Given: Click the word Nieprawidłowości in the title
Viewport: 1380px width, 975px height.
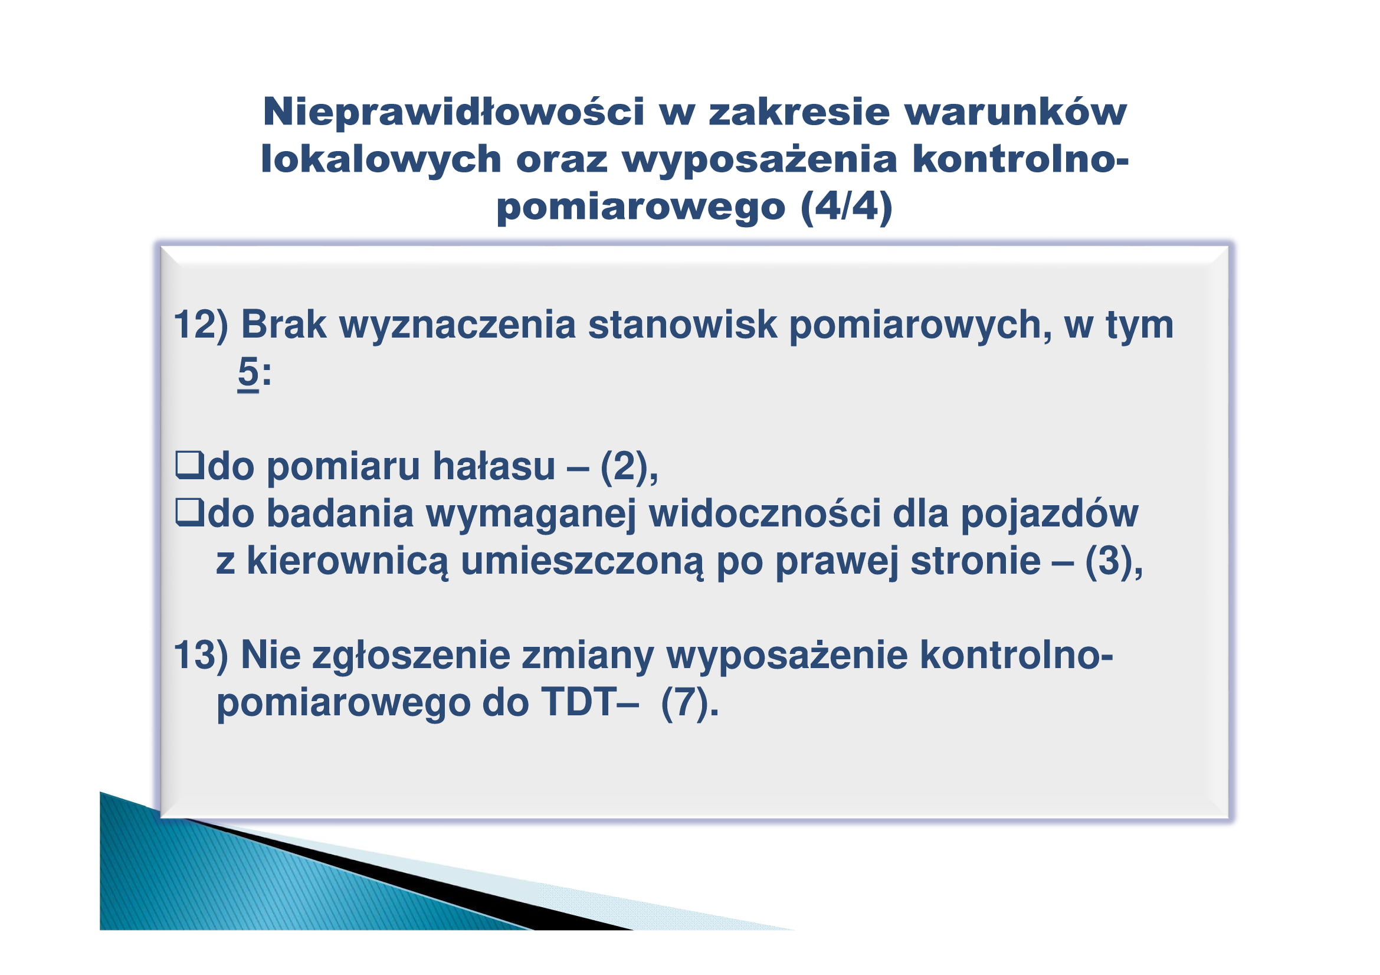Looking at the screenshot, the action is click(x=454, y=112).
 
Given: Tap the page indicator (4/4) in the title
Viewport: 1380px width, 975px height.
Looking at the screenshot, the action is click(x=847, y=207).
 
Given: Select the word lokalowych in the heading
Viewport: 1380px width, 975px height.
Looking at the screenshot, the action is click(x=381, y=159).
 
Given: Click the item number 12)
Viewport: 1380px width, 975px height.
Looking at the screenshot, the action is click(x=201, y=325).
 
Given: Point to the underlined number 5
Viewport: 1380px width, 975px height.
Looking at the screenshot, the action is click(x=248, y=372).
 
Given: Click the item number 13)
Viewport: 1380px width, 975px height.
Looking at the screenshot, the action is click(x=201, y=655).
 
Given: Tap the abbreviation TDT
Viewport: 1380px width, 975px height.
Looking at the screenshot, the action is click(x=578, y=702).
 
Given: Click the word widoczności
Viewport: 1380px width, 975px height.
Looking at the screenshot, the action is click(x=765, y=514).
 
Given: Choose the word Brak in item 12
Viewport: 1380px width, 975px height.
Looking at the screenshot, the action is click(x=284, y=325).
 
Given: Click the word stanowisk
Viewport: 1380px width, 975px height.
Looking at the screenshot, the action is click(x=683, y=325).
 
